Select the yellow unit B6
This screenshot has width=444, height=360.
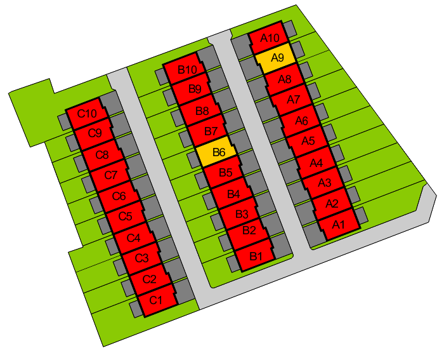[x=216, y=152]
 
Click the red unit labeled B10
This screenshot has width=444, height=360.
[x=186, y=69]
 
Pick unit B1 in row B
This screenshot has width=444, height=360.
[x=255, y=256]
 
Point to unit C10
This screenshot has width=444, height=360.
[x=87, y=114]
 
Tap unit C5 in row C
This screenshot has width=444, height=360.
[x=126, y=217]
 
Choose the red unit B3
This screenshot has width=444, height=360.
[x=240, y=214]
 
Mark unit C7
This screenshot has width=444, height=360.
[x=110, y=175]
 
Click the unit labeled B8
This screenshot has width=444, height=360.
[x=201, y=110]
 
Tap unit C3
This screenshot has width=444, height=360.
[x=141, y=258]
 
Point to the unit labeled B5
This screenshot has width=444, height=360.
[x=225, y=172]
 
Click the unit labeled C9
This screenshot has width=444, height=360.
[x=95, y=133]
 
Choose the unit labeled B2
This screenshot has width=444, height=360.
[x=247, y=230]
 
